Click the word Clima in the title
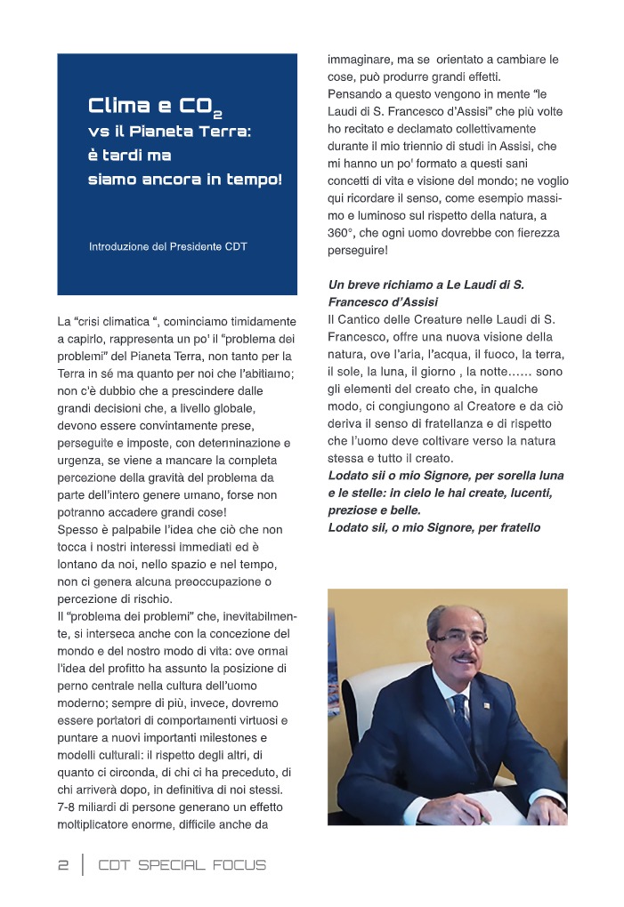tap(119, 106)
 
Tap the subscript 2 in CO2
tap(217, 114)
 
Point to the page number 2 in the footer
tap(63, 865)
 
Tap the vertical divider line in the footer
tap(83, 865)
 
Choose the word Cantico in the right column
tap(362, 318)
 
